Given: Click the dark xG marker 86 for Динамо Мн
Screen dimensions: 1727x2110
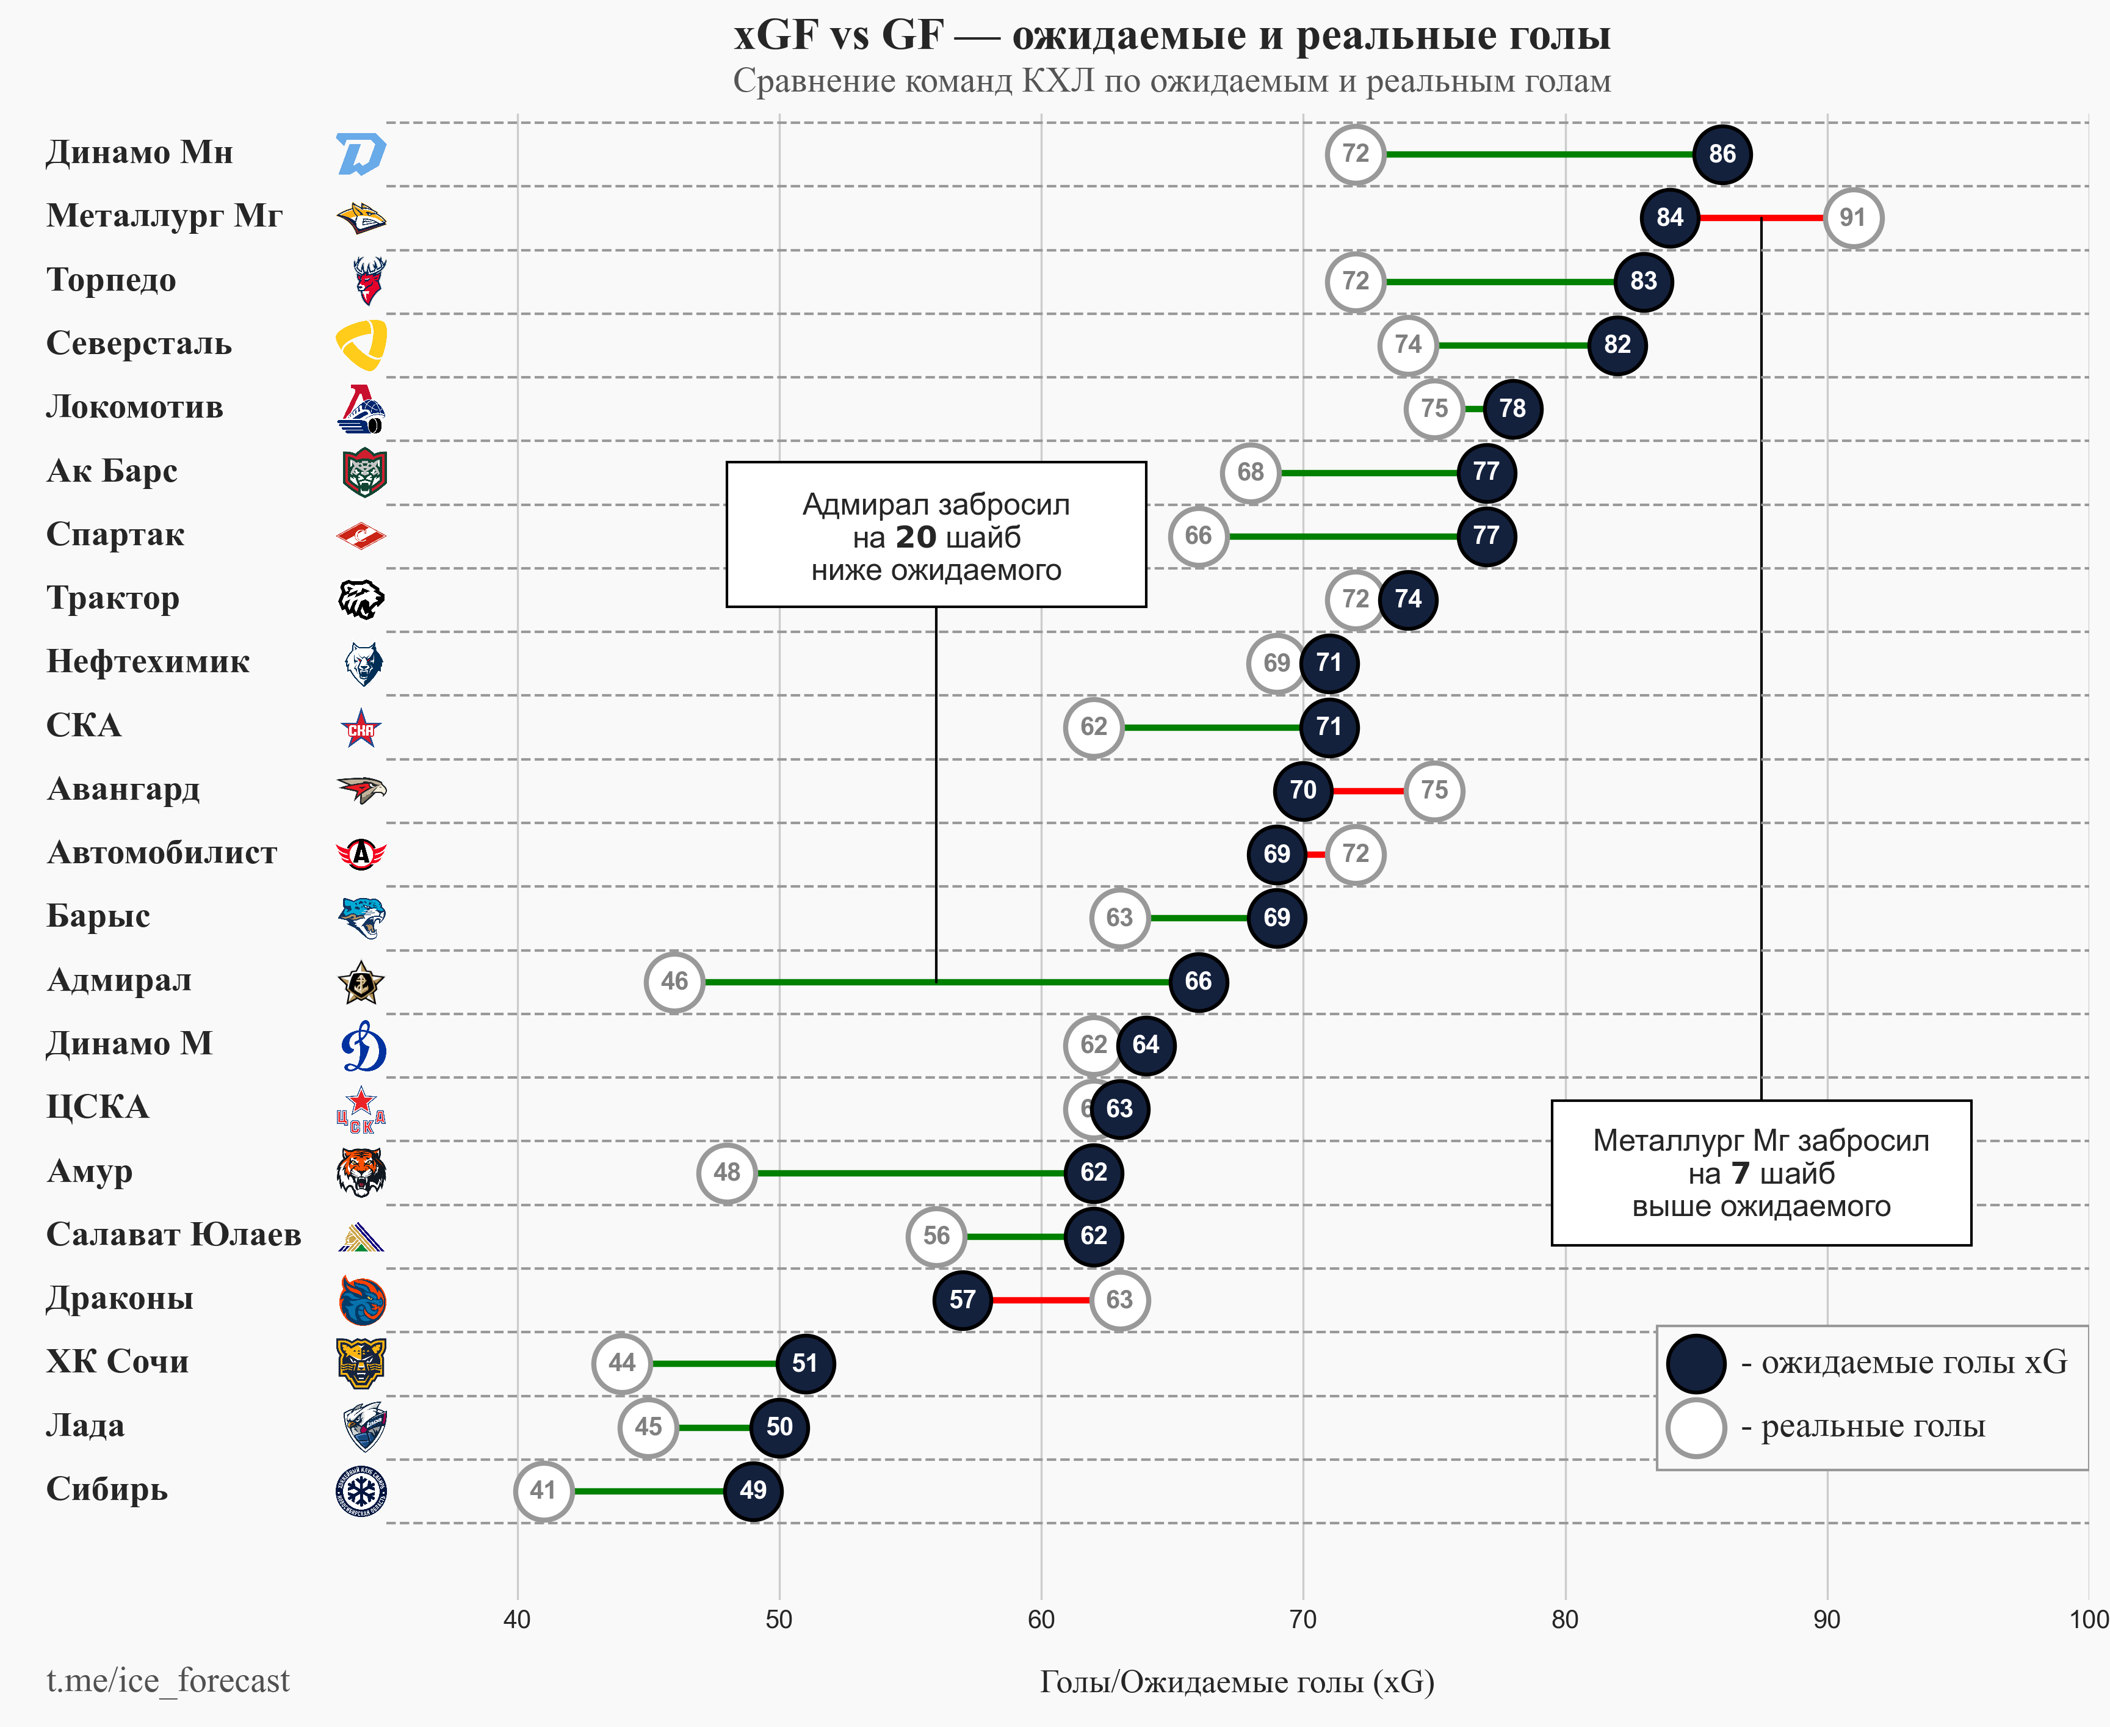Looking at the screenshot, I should coord(1722,154).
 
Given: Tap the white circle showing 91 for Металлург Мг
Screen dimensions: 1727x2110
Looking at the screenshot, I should coord(1852,218).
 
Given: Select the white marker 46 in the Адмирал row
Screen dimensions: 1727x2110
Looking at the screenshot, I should coord(674,982).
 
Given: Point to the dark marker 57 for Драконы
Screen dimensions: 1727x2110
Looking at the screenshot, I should coord(962,1300).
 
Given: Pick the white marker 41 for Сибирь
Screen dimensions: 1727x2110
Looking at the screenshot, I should coord(543,1491).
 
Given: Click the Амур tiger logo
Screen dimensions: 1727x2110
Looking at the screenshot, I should coord(361,1172).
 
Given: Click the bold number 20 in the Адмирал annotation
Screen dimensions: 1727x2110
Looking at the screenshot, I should coord(916,537).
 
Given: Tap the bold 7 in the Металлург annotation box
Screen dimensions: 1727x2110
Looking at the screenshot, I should coord(1740,1174).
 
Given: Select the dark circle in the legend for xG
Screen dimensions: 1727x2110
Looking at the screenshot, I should coord(1696,1363).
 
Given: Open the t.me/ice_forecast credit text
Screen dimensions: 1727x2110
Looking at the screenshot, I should coord(168,1680).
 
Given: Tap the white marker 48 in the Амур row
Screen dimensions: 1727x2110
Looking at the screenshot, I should coord(727,1173).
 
